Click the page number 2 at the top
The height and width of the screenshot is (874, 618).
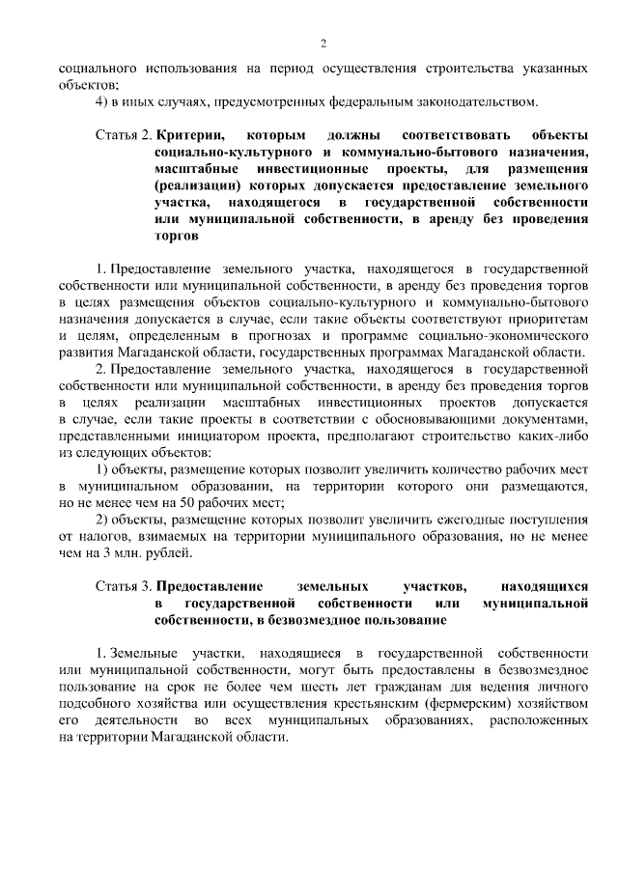pyautogui.click(x=323, y=43)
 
